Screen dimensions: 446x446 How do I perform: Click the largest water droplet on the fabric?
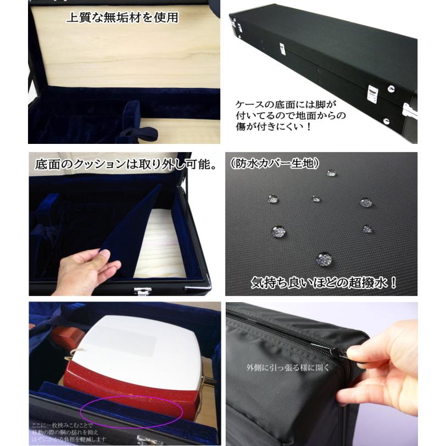click(324, 258)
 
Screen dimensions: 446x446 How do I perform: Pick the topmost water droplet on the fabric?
click(331, 174)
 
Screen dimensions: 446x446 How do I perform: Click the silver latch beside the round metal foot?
click(372, 93)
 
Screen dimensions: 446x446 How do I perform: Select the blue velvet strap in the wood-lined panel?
click(137, 132)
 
